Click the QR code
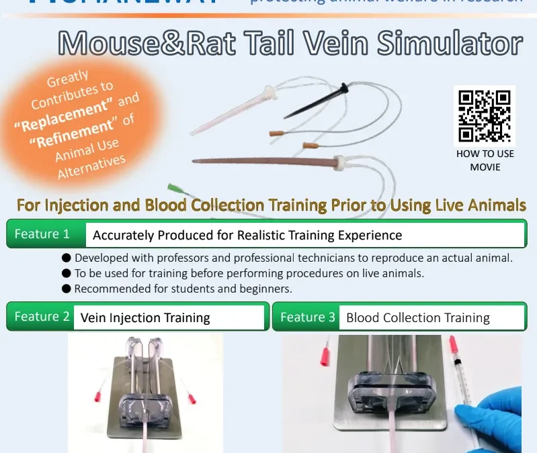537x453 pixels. [484, 116]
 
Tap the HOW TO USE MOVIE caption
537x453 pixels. [485, 160]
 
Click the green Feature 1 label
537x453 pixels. [42, 234]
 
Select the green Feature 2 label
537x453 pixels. [42, 317]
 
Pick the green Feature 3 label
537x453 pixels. [308, 317]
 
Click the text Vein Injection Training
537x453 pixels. [145, 318]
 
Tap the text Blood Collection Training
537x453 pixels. [417, 318]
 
